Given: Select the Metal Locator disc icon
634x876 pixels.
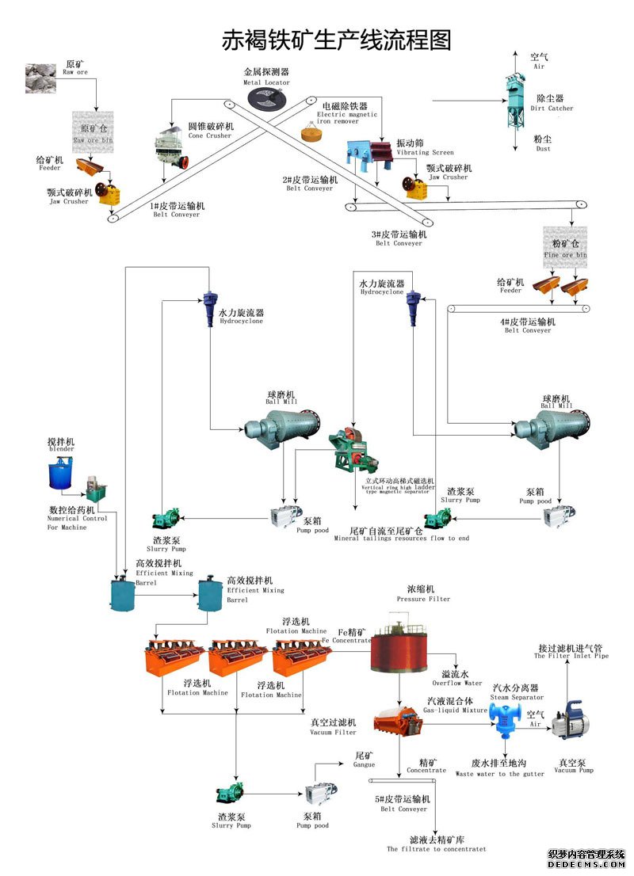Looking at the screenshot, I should click(266, 99).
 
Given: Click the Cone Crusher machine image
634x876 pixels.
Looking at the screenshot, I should click(170, 148).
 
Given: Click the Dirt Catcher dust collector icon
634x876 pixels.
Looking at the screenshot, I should click(518, 101).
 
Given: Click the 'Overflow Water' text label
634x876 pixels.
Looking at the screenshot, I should click(457, 683).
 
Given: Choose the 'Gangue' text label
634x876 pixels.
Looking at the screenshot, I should click(364, 764).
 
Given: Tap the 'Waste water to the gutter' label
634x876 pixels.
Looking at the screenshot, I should click(499, 774).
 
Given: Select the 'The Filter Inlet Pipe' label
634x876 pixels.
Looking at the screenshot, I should click(571, 656).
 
